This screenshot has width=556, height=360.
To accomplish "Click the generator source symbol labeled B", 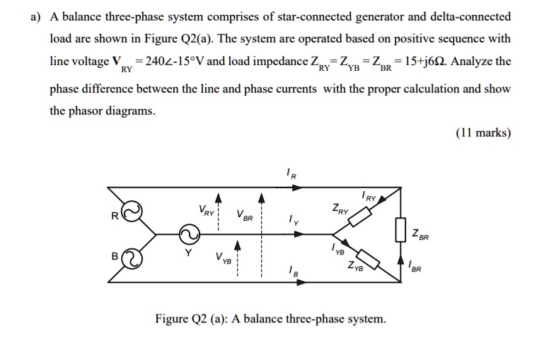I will [132, 258].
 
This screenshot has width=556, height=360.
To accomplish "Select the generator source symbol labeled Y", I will [190, 233].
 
